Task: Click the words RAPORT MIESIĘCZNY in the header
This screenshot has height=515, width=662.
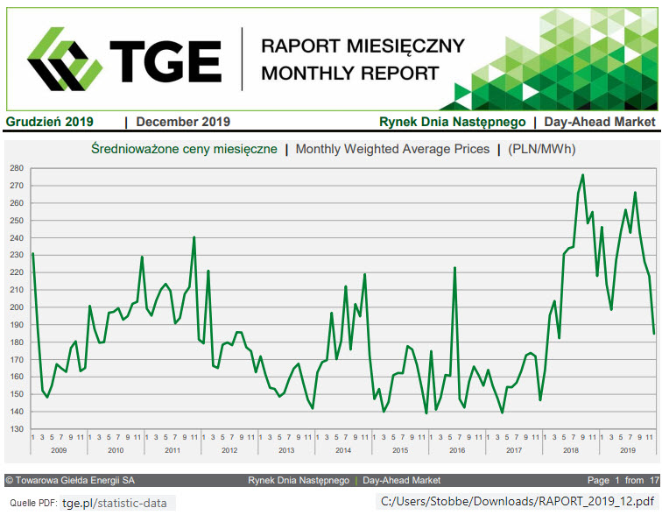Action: [363, 46]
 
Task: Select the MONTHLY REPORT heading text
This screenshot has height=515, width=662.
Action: [349, 74]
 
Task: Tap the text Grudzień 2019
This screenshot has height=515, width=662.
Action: [50, 122]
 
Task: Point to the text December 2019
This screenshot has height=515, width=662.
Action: [183, 122]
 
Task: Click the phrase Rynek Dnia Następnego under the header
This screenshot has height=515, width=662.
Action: [452, 122]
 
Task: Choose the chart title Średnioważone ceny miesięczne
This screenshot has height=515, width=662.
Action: [184, 149]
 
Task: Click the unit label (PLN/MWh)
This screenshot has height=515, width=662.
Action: [542, 149]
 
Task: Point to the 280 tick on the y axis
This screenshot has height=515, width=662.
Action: [16, 167]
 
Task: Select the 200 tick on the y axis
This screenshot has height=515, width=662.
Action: [16, 307]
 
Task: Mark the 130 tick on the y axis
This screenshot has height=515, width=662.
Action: [16, 429]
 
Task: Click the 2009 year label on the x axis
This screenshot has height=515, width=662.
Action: [58, 450]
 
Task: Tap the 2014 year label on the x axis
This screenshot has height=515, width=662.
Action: [343, 450]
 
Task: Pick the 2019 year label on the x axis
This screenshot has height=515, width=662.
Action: [628, 450]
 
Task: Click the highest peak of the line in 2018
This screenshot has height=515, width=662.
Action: [583, 175]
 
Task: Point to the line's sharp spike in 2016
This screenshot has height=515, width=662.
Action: [455, 267]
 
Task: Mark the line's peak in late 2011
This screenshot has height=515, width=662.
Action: [194, 237]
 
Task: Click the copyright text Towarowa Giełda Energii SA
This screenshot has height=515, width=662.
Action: [71, 480]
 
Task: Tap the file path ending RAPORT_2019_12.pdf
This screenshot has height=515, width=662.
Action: [517, 502]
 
